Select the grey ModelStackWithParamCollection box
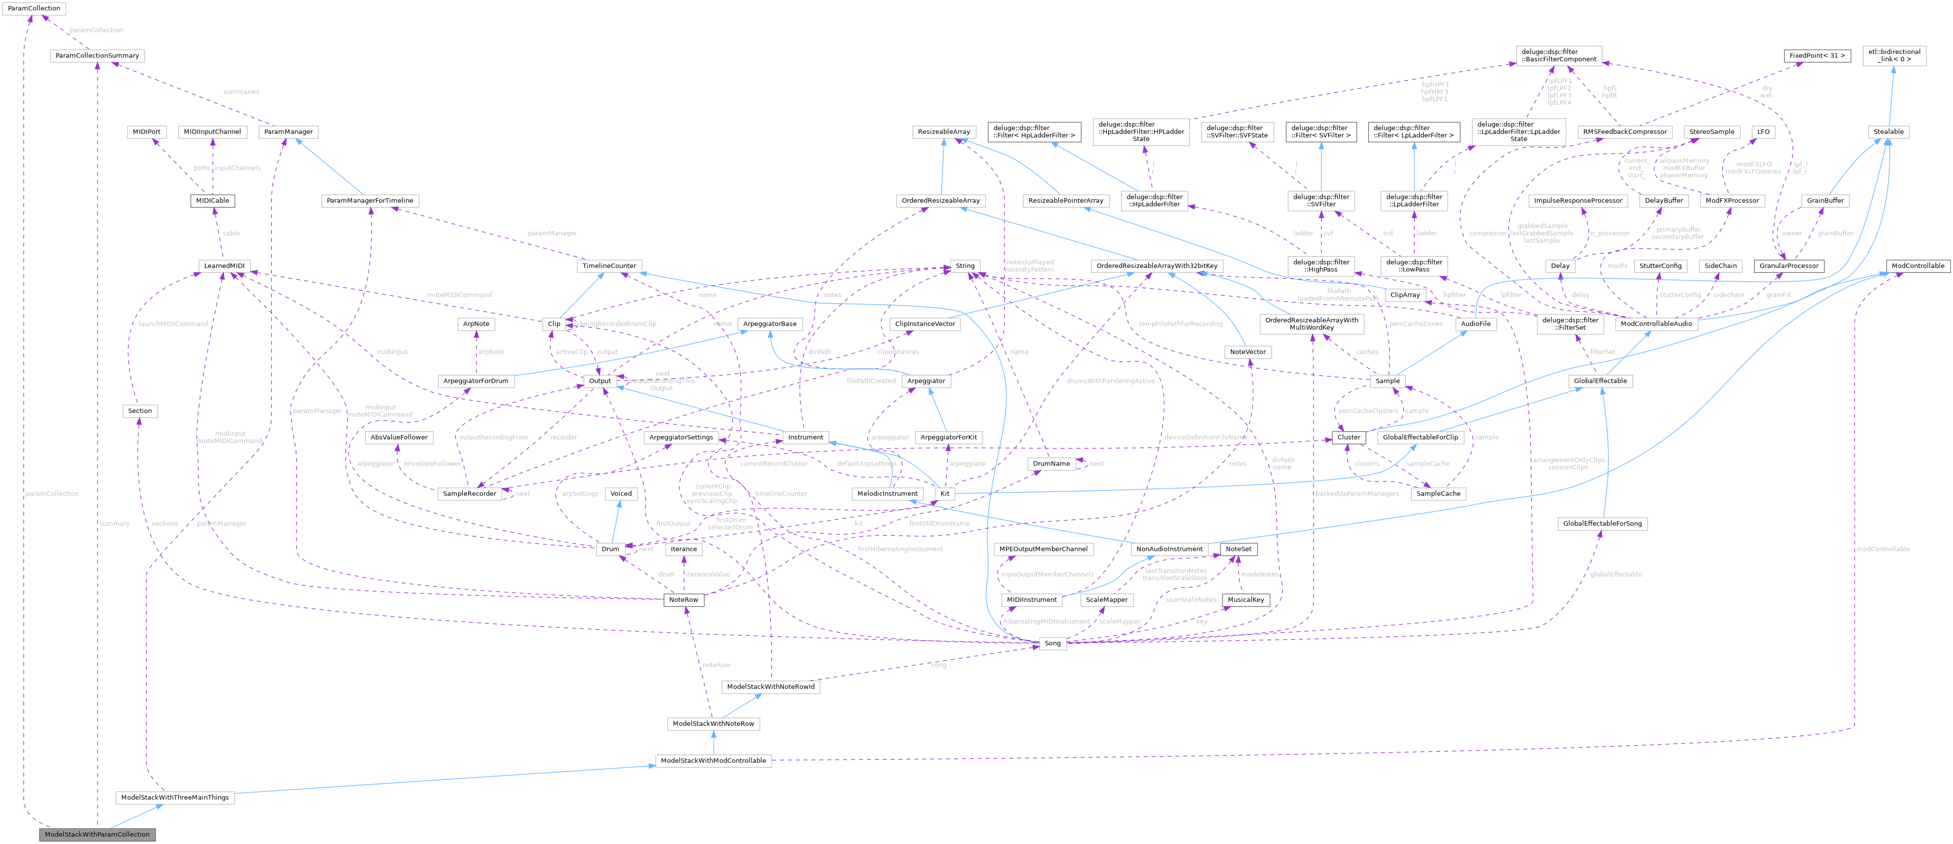97,834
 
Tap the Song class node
1052,643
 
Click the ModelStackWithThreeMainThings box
175,798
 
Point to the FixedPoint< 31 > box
1817,56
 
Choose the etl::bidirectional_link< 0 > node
1894,56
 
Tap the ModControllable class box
1917,266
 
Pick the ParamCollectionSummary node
96,56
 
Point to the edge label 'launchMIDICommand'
174,324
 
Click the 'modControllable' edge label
1882,549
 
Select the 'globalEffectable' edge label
1615,574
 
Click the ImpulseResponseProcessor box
1578,201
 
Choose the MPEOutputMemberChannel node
1043,549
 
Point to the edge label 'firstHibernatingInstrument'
900,549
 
